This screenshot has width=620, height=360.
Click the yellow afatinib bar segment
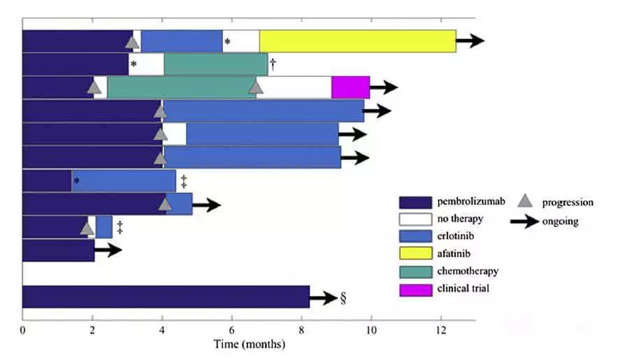tap(357, 41)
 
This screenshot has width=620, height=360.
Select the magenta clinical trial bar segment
tap(350, 87)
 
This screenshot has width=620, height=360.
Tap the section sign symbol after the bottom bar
tap(343, 298)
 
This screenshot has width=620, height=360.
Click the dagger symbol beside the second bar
tap(273, 64)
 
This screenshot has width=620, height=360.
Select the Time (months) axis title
tap(249, 345)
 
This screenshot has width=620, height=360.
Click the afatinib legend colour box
tap(414, 254)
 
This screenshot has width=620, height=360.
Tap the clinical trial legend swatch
tap(414, 288)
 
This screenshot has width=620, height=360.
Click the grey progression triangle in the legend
tap(526, 201)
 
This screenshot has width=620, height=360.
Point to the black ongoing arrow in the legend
tap(525, 222)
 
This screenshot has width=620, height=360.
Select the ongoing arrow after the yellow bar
tap(470, 41)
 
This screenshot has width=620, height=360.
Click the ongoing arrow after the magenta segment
tap(383, 87)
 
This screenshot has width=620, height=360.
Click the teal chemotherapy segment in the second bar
tap(215, 64)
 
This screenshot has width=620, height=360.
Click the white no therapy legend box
tap(414, 219)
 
